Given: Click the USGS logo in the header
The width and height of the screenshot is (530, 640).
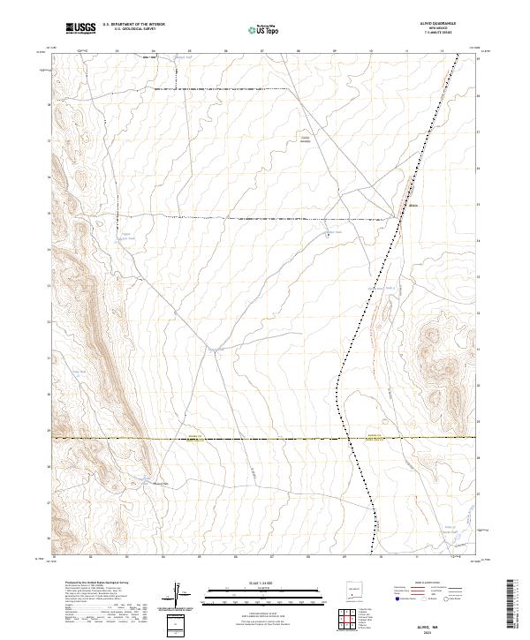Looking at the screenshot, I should pos(82,28).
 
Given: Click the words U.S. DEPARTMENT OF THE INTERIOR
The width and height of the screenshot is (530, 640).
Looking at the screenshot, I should pos(133,25).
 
